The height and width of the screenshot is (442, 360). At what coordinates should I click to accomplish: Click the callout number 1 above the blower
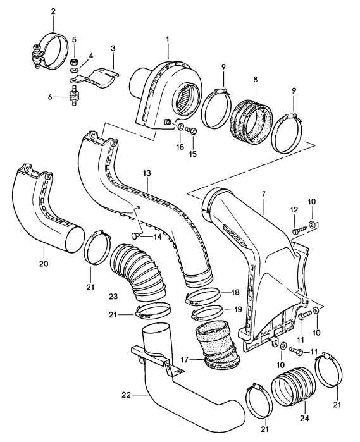click(168, 40)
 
